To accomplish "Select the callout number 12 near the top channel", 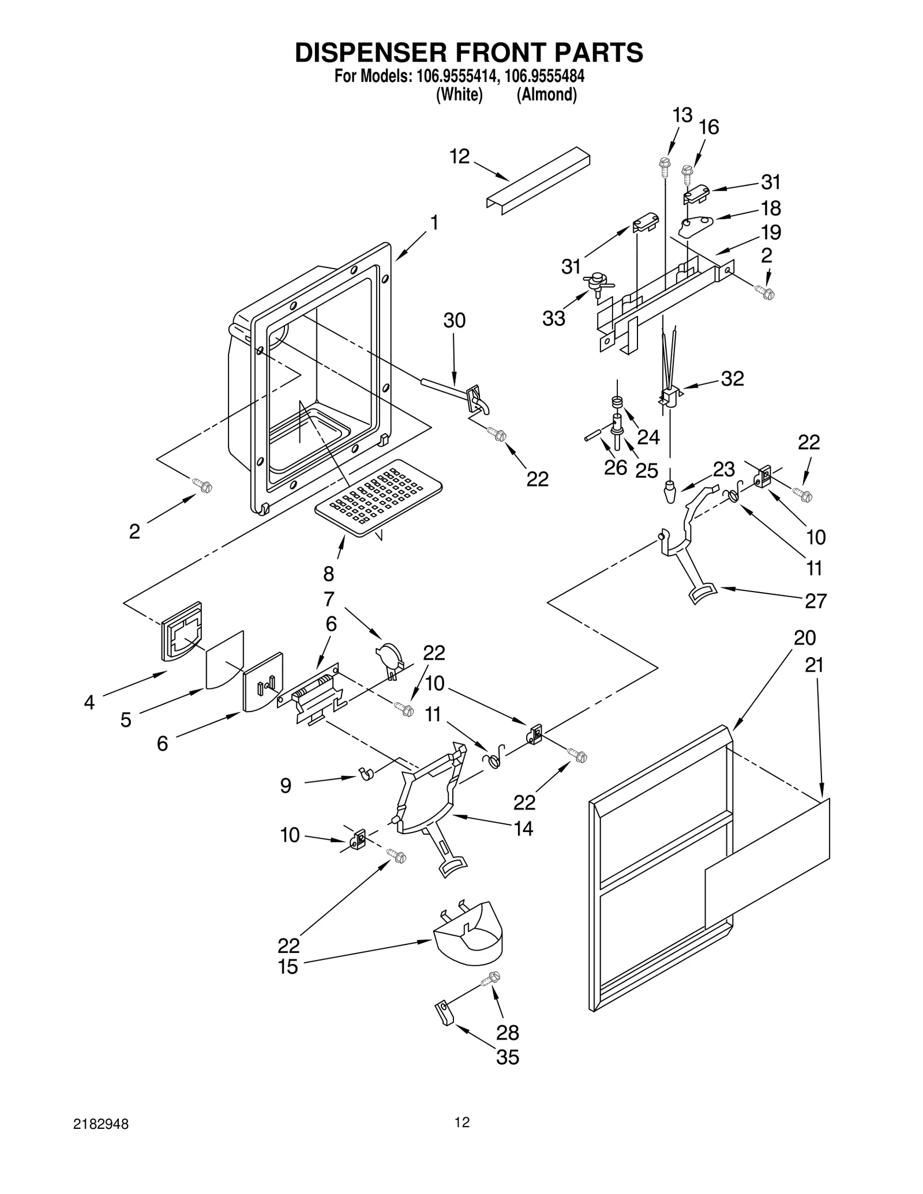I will pos(460,156).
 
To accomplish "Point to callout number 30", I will pos(454,321).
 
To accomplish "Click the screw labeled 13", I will pos(664,164).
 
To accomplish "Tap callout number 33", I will pos(554,318).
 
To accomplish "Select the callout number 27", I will pos(816,601).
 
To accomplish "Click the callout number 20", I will pos(805,638).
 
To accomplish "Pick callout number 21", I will pos(814,665).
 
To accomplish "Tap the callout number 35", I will pos(508,1057).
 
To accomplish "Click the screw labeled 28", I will pos(493,977).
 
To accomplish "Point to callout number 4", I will pos(89,702).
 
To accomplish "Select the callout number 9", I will pos(286,785).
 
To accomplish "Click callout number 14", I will pos(523,828).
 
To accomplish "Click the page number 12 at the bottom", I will pos(461,1122).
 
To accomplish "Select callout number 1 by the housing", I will pos(434,223).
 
